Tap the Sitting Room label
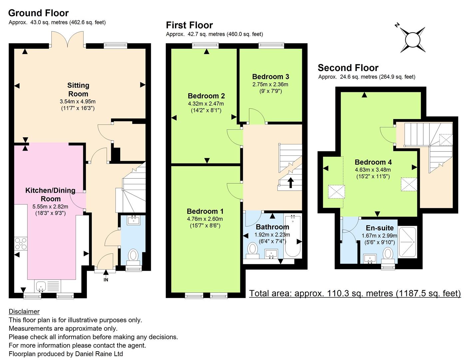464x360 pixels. click(78, 90)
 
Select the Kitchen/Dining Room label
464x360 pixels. click(50, 194)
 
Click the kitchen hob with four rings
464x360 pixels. click(21, 244)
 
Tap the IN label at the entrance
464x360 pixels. click(106, 280)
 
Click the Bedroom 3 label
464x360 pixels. click(270, 76)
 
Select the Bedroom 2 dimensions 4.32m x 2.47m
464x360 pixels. click(206, 104)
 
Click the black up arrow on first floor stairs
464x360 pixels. click(290, 183)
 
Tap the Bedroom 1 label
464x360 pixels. click(205, 211)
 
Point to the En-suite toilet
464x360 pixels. click(387, 256)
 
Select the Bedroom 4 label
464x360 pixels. click(373, 162)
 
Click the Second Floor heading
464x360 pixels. click(348, 68)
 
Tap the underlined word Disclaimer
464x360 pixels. click(24, 312)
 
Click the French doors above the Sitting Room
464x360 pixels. click(67, 40)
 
